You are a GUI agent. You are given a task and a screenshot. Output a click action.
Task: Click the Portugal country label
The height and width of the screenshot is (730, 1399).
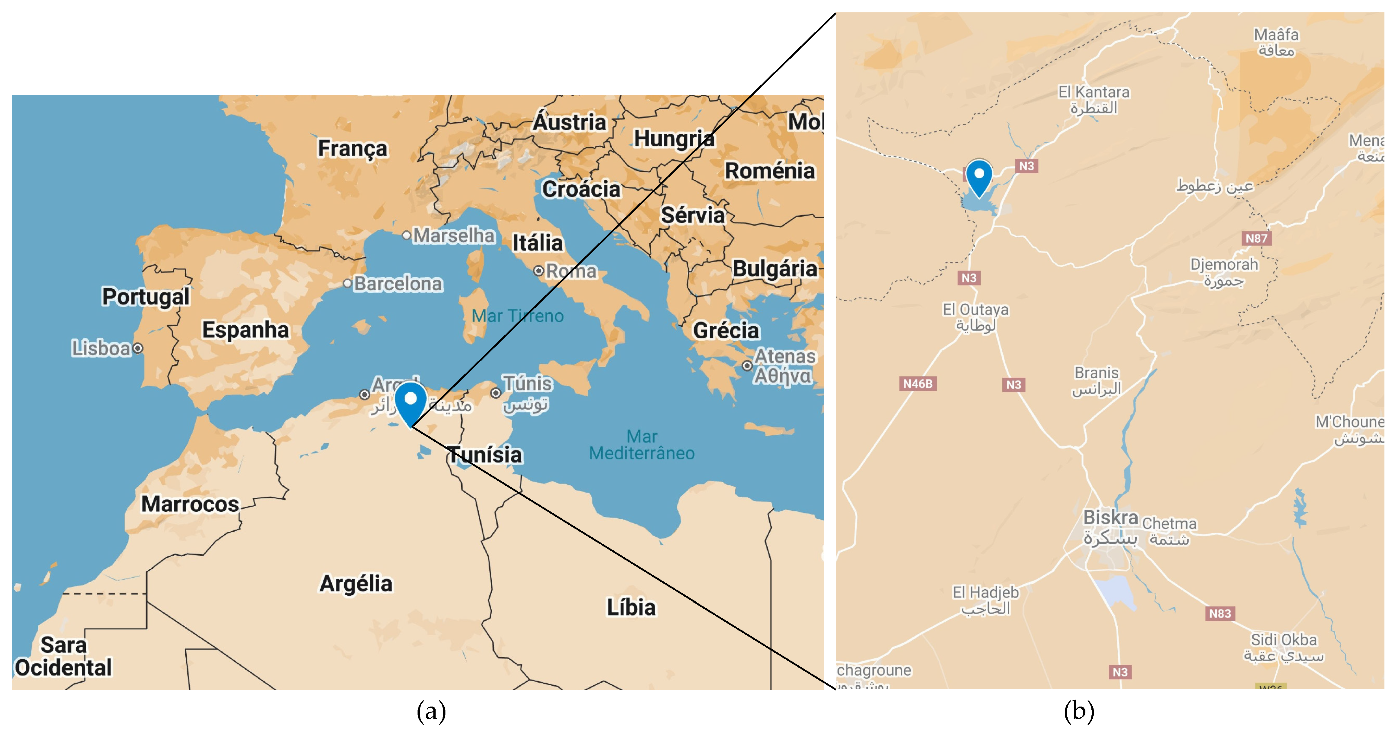[145, 297]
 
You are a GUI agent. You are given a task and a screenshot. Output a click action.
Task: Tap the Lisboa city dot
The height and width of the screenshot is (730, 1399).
[138, 348]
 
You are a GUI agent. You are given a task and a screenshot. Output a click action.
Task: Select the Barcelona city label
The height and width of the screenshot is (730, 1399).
[398, 284]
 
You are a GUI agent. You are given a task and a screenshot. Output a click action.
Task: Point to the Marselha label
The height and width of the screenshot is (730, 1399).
[453, 236]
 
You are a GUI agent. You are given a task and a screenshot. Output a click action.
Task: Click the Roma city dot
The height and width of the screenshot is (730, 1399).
[538, 271]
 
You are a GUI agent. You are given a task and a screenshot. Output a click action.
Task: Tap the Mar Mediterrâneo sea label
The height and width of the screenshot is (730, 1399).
[642, 445]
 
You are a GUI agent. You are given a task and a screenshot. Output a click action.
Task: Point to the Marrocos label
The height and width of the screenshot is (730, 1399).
[190, 504]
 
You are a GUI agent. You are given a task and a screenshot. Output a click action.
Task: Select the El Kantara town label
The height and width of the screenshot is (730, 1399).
[1094, 92]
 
